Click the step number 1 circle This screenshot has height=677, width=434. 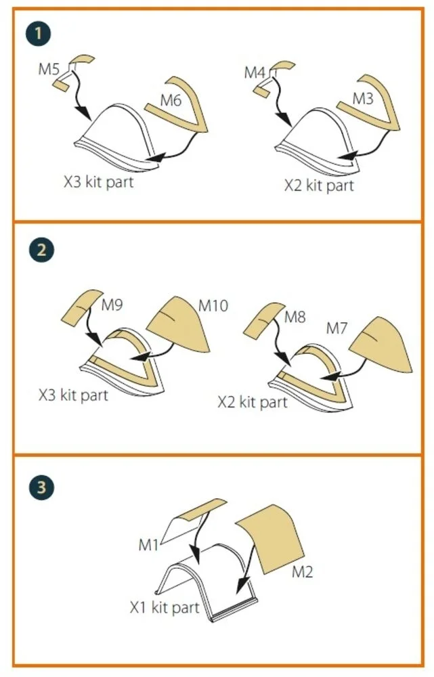point(38,33)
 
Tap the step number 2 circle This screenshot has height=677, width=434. point(41,250)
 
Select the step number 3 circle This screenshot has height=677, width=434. point(41,487)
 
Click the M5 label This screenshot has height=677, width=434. point(49,69)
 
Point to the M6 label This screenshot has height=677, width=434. point(171,101)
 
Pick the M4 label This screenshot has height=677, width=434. point(255,72)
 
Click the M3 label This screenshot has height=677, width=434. point(363,99)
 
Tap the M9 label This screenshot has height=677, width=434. point(112,305)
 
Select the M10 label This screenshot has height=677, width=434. point(213,306)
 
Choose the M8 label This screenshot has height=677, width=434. point(295,318)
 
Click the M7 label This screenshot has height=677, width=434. point(337,328)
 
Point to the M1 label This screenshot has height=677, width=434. point(148,545)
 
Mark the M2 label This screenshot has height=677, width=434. point(302,572)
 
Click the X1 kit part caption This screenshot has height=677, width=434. point(165,607)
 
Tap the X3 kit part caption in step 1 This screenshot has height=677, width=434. point(99,181)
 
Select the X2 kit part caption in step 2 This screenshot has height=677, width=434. point(253,402)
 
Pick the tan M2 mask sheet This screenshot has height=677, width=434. point(272,538)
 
